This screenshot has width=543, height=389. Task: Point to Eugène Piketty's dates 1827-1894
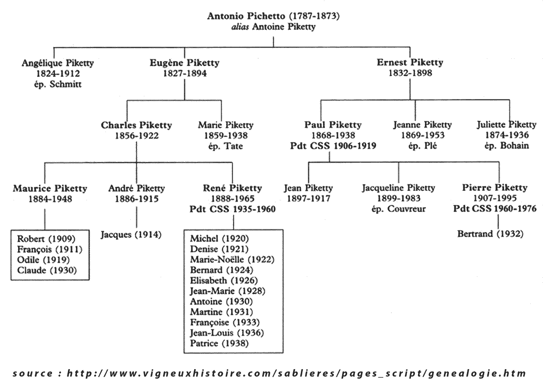(184, 73)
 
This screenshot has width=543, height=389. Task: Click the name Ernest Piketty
(410, 63)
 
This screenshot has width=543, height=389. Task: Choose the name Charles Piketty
(137, 125)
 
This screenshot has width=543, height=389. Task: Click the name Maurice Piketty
(50, 188)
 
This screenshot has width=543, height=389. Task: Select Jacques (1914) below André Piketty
(131, 235)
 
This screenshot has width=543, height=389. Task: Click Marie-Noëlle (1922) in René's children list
(233, 259)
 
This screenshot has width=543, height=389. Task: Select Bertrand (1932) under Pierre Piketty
(491, 234)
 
